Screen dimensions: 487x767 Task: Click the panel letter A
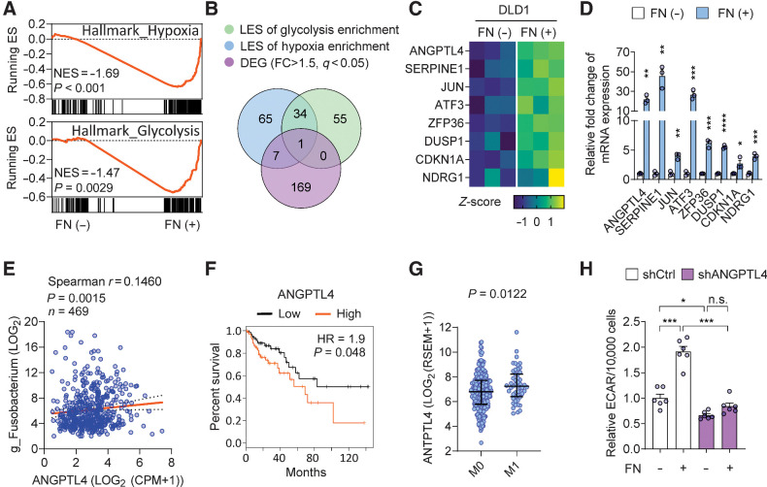coord(9,9)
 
